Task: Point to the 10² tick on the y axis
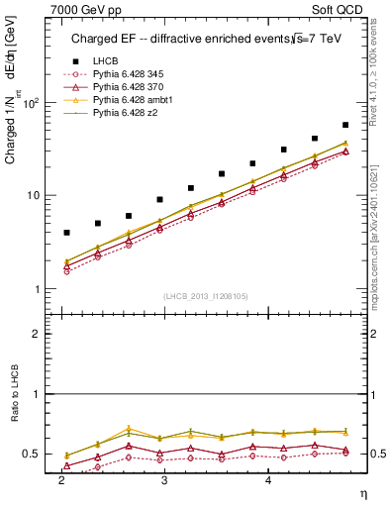pos(35,103)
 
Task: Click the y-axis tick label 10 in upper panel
pos(37,195)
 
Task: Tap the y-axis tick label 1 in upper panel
pos(41,288)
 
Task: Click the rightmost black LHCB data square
pos(344,125)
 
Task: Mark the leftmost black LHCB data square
pos(66,233)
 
